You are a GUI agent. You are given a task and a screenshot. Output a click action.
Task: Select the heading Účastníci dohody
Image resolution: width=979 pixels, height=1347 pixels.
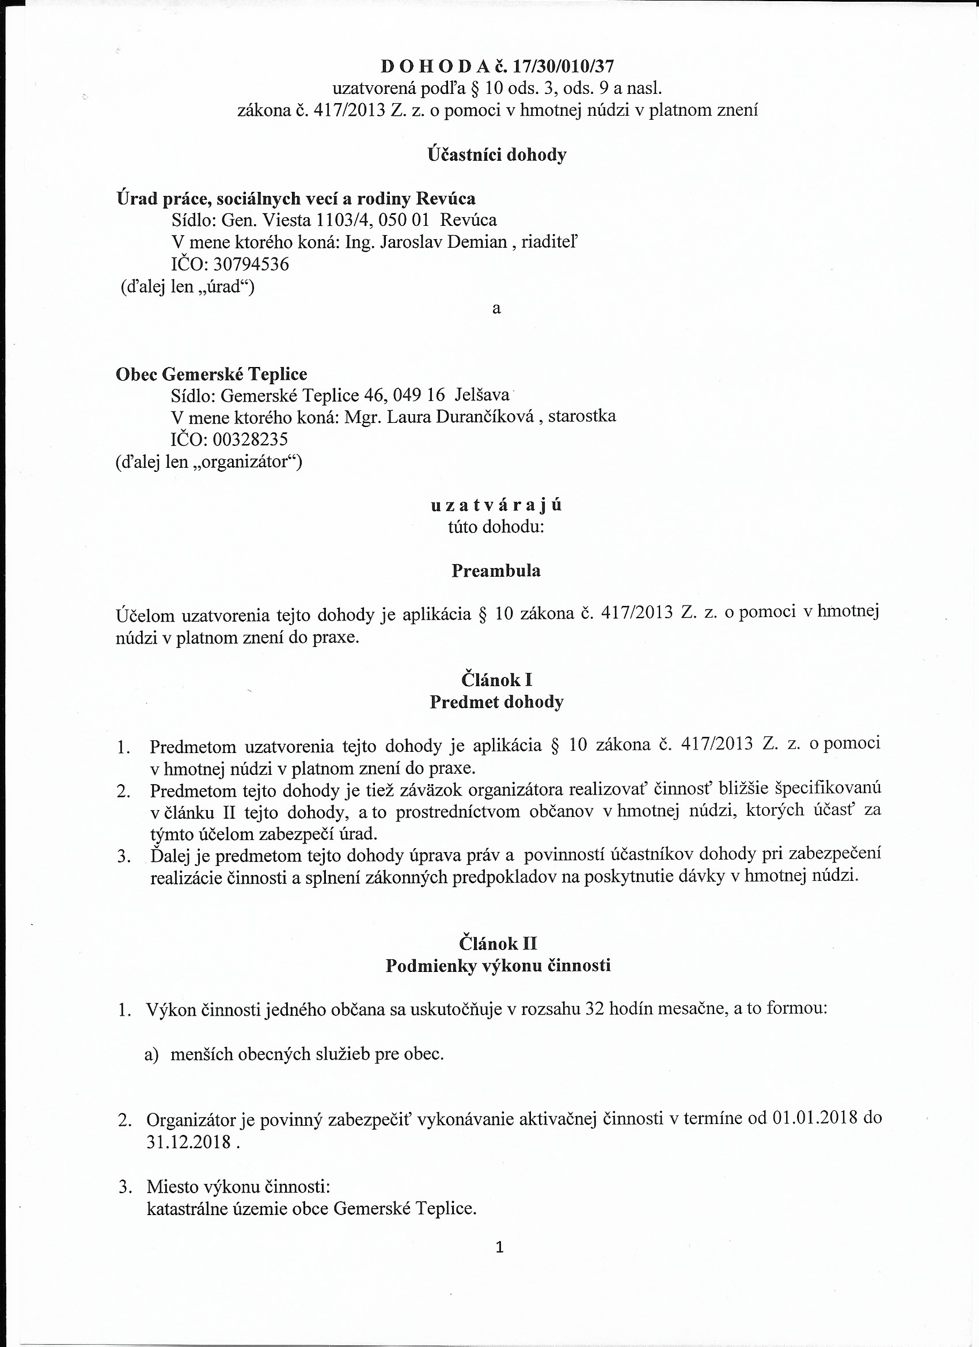coord(497,154)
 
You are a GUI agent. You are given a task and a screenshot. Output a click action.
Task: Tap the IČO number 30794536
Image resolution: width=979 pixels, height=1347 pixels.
coord(251,264)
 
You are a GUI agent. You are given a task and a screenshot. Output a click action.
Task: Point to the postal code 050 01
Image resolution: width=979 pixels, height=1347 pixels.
coord(403,220)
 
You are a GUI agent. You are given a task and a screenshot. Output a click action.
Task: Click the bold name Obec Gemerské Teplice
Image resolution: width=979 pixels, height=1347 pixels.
coord(211,374)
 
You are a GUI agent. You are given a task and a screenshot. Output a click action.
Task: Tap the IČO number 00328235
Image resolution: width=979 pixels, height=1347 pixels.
coord(250,439)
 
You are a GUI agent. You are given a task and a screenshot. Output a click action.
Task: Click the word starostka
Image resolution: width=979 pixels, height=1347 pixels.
coord(582,416)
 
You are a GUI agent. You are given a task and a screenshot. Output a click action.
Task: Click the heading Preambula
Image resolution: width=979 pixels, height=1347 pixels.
coord(496,571)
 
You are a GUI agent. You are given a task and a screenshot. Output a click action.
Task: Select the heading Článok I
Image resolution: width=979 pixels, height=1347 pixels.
coord(496,679)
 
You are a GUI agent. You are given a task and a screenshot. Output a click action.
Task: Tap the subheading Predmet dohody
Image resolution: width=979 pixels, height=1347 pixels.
coord(496,702)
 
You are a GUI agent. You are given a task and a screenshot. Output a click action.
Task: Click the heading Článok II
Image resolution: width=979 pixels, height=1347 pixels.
coord(498,944)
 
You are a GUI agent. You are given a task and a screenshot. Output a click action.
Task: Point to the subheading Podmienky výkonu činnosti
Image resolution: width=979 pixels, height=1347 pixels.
coord(498,966)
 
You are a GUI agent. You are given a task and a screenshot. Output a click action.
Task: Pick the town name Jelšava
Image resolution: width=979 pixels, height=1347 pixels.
coord(481,395)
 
